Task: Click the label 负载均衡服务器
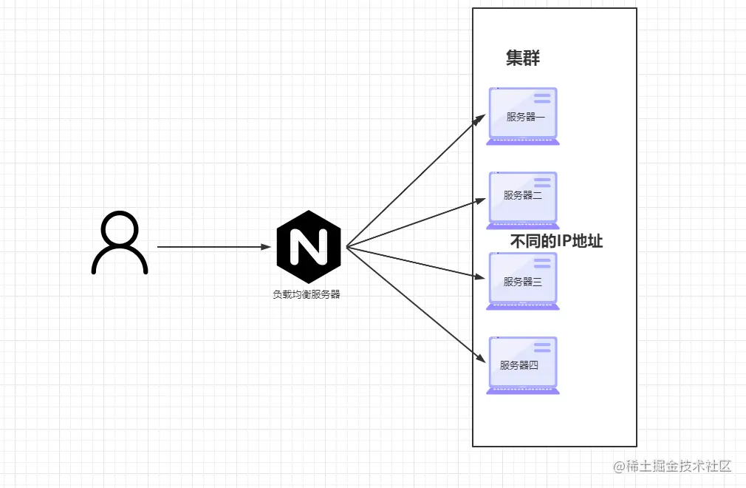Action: click(x=307, y=294)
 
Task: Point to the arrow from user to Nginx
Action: click(x=214, y=247)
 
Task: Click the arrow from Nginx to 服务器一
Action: click(x=414, y=182)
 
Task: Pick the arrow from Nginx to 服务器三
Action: click(x=414, y=262)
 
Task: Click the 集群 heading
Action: click(x=523, y=59)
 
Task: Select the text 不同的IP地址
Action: click(x=556, y=242)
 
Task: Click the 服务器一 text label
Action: click(x=525, y=117)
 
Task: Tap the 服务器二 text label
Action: click(x=523, y=195)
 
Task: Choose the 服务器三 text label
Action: click(x=523, y=282)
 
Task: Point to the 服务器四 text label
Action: click(x=519, y=365)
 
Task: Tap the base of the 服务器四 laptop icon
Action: click(x=523, y=391)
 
